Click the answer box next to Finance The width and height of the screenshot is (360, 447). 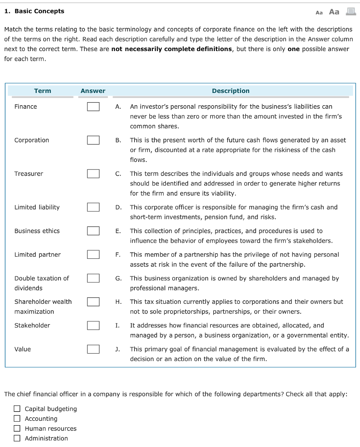coord(93,107)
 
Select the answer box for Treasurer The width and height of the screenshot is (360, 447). coord(93,174)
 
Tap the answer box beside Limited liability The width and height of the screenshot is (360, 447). coord(93,207)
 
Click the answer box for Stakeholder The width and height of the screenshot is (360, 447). coord(93,325)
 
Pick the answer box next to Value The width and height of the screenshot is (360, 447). coord(93,349)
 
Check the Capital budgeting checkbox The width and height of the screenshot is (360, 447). coord(17,409)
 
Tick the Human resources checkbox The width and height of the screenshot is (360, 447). coord(17,429)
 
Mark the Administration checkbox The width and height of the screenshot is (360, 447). coord(17,438)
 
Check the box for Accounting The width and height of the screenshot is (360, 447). coord(17,419)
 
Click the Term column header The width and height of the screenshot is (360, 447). coord(42,91)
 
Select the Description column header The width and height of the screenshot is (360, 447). coord(230,91)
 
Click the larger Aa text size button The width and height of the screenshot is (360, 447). coord(334,12)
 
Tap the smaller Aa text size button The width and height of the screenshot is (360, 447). coord(319,13)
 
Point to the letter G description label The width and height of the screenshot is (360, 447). coord(118,279)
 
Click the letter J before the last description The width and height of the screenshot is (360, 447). coord(118,349)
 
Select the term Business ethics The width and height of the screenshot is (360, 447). coord(37,231)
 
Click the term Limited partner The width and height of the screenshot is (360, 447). coord(38,254)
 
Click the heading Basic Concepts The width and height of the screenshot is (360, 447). coord(39,11)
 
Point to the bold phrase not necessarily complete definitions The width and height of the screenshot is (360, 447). coord(171,49)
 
